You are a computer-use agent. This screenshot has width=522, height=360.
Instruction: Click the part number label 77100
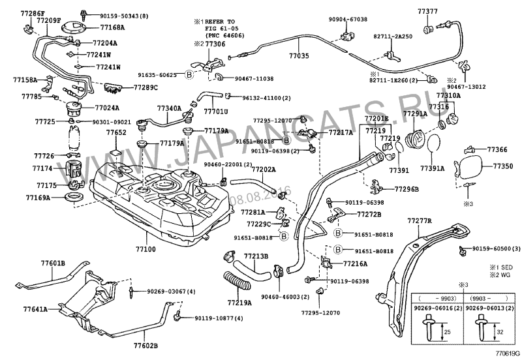[x=145, y=249]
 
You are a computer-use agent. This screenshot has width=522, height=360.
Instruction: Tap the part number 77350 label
[x=502, y=166]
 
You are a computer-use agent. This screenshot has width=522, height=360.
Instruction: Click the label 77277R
[x=420, y=222]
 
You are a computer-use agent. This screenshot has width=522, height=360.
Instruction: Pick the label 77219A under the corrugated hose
[x=239, y=303]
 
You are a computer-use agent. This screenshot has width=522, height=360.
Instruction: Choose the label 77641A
[x=37, y=308]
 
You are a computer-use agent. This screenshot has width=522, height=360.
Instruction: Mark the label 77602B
[x=146, y=345]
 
